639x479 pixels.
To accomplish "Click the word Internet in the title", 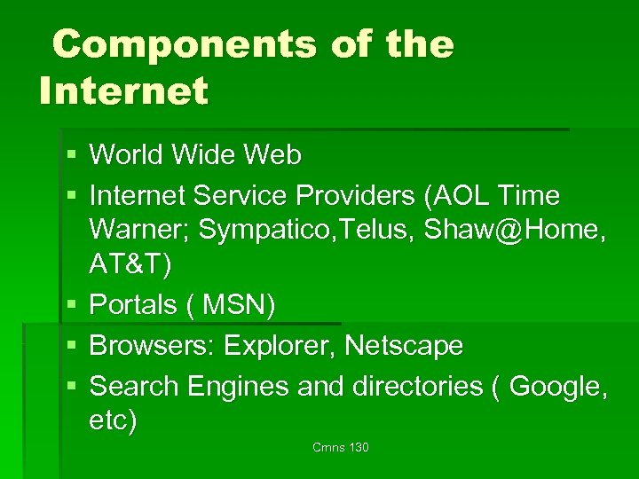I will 123,90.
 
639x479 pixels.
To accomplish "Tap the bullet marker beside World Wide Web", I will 70,156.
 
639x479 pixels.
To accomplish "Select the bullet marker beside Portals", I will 70,305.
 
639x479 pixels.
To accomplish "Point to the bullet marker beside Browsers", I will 70,346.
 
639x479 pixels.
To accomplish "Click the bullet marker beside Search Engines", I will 70,387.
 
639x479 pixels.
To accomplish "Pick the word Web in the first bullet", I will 273,155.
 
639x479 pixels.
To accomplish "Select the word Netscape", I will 404,345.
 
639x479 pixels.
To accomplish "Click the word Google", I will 556,386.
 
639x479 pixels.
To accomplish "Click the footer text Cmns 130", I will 341,447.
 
